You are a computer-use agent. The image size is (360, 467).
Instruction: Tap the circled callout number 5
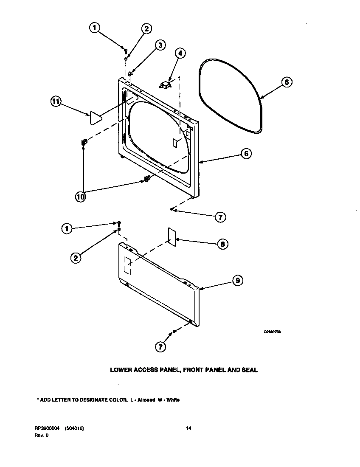(287, 82)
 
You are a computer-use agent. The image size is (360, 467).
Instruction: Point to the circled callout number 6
(246, 154)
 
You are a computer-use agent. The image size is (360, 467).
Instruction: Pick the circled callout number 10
(81, 196)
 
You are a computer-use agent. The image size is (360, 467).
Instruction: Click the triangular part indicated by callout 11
(95, 118)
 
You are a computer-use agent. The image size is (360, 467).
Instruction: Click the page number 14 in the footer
(189, 428)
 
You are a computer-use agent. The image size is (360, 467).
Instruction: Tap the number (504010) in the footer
(75, 428)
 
